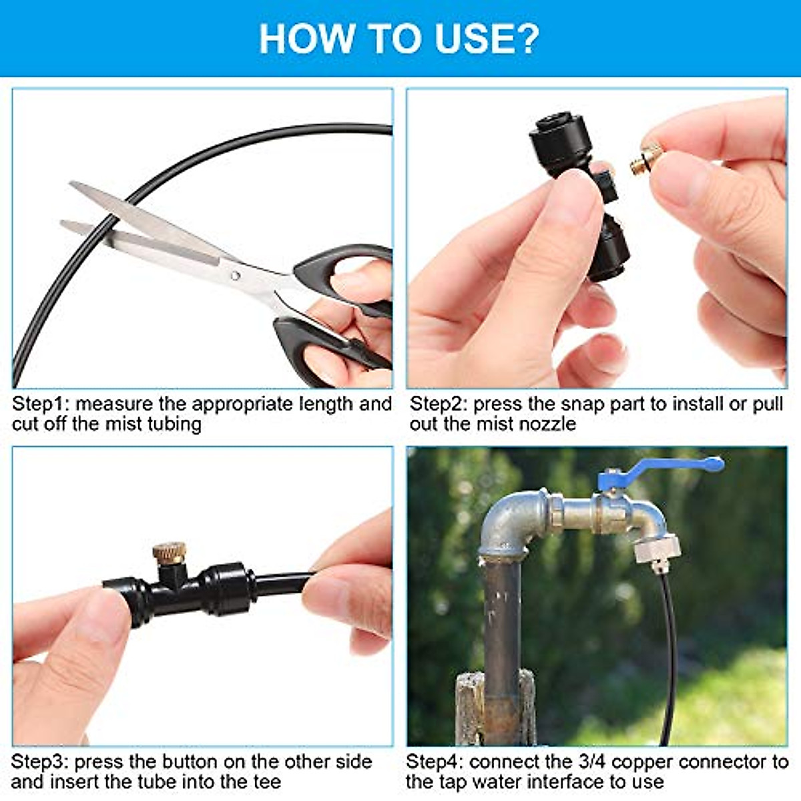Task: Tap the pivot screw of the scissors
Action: [234, 274]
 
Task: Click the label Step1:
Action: [41, 405]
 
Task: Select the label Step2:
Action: [439, 405]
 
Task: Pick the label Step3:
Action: [40, 762]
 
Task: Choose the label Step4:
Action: [435, 762]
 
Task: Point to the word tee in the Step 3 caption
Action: [267, 782]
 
